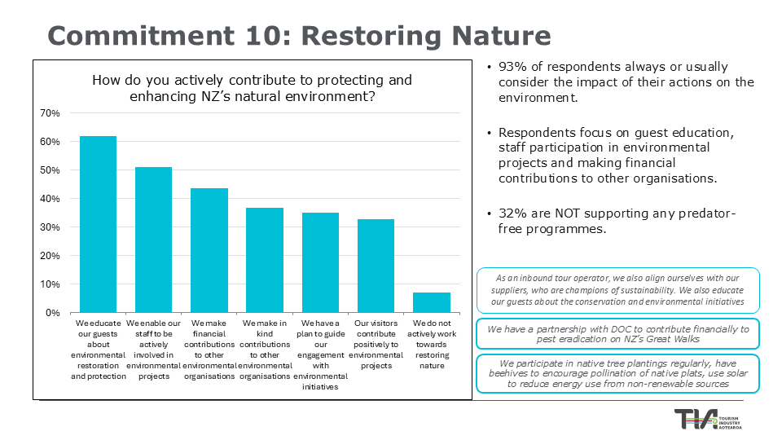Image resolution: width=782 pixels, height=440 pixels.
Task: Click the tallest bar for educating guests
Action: coord(98,224)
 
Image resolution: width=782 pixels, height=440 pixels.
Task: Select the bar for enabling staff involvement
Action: coord(153,240)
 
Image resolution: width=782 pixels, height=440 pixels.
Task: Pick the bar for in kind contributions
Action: coord(265,260)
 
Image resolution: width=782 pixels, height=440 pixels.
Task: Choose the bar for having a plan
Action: coord(320,262)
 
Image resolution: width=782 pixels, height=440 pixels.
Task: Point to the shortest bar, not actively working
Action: coord(431,302)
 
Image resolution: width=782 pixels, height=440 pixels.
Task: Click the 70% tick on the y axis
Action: coord(50,113)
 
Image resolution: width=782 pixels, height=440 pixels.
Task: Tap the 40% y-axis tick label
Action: coord(50,199)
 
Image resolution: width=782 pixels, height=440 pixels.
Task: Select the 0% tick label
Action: coord(52,313)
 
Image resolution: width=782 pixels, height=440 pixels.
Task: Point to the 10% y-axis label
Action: coord(50,284)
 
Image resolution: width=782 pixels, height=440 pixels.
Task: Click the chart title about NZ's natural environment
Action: coord(252,88)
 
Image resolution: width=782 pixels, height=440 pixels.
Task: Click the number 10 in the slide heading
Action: coord(273,37)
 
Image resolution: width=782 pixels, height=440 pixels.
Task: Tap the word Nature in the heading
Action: coord(503,37)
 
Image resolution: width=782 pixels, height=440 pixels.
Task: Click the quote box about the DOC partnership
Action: coord(617,334)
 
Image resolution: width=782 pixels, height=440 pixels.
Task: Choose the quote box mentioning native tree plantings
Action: coord(617,373)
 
